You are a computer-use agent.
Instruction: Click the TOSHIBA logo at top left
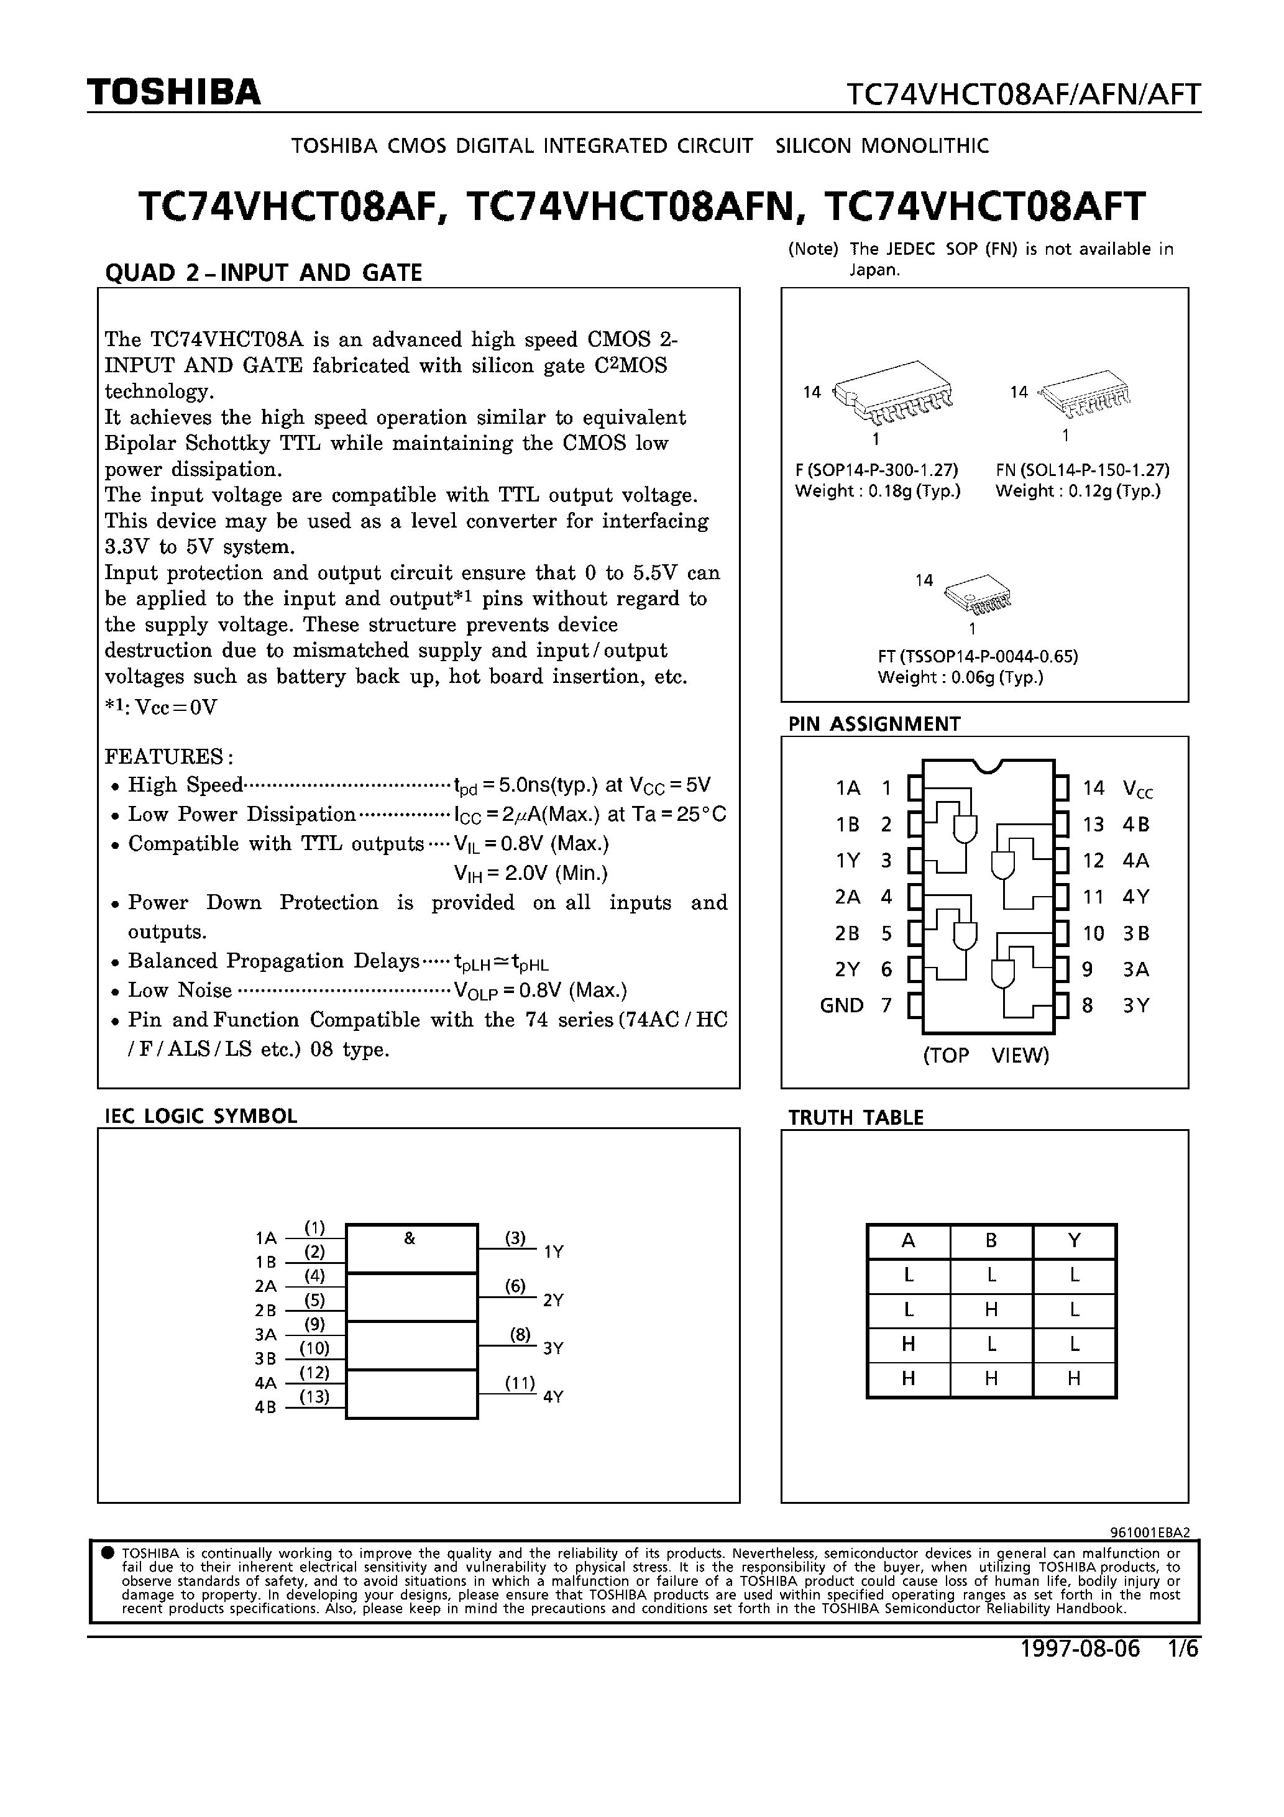coord(173,93)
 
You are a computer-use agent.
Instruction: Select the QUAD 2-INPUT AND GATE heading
coord(264,272)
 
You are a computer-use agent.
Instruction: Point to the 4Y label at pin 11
coord(1135,897)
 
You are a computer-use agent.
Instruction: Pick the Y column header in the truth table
coord(1073,1241)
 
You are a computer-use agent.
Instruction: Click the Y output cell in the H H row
coord(1073,1378)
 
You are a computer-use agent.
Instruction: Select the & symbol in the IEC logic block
coord(410,1239)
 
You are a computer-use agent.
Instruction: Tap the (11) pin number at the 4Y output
coord(520,1383)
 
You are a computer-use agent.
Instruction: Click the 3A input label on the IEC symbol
coord(266,1334)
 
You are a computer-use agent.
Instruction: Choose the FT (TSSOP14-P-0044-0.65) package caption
coord(978,656)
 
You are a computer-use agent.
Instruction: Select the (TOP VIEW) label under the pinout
coord(986,1056)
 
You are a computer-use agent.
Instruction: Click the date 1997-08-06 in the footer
coord(1080,1649)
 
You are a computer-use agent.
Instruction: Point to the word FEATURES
coord(168,756)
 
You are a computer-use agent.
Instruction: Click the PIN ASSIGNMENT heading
coord(874,724)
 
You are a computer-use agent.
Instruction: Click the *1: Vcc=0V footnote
coord(161,707)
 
